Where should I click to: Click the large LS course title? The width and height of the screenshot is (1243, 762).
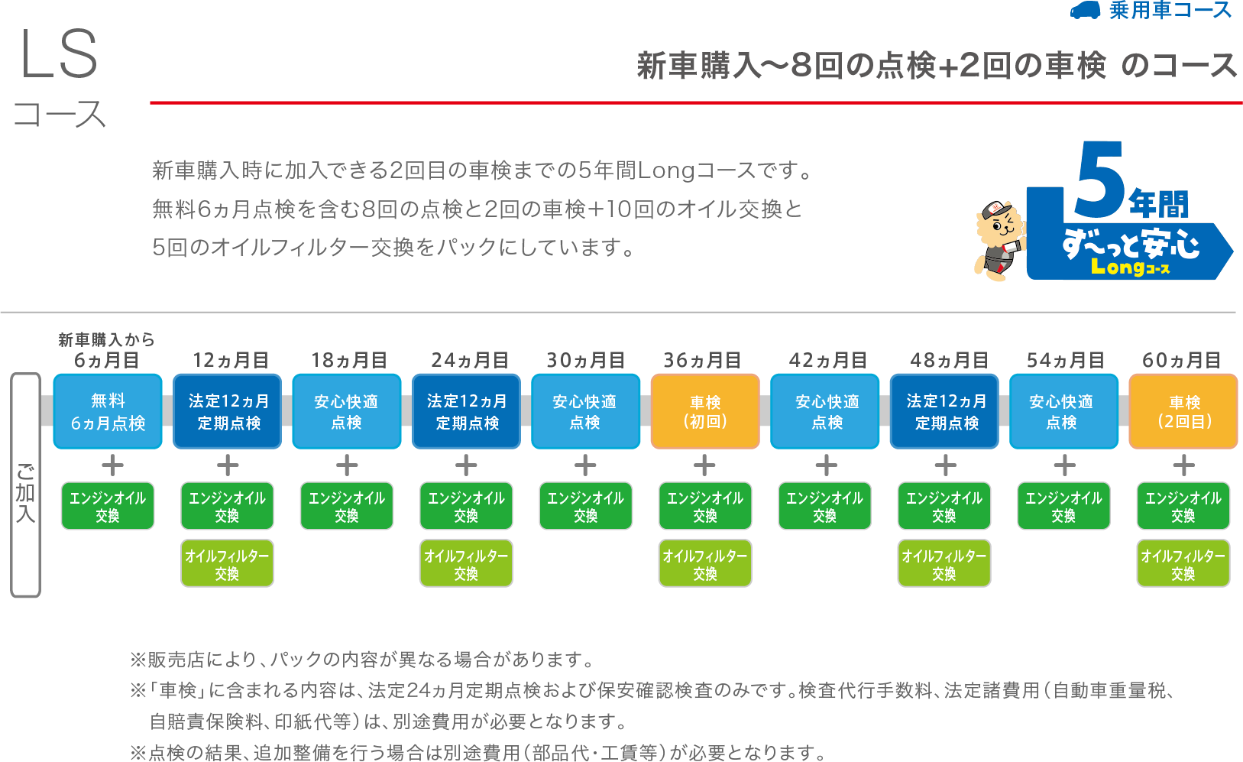click(60, 55)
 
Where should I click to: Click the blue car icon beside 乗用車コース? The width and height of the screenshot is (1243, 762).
click(1085, 11)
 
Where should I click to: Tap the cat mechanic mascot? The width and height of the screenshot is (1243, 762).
click(999, 238)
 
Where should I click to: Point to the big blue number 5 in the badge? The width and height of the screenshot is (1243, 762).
click(1099, 180)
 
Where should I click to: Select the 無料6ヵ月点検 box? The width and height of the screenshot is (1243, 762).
click(108, 411)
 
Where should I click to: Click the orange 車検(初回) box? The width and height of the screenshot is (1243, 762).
click(705, 411)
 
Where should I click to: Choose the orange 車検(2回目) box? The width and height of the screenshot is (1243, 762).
click(1183, 411)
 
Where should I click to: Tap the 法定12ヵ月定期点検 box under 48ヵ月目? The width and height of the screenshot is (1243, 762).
click(945, 411)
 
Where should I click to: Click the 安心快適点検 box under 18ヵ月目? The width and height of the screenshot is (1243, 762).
click(347, 411)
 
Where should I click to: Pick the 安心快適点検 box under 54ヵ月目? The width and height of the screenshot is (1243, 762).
click(1063, 411)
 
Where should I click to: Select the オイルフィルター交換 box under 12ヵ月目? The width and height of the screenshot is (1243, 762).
click(227, 564)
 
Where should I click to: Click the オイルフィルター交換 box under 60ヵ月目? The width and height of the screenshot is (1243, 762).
click(1183, 564)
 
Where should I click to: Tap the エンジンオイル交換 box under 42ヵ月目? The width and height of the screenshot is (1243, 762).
click(824, 506)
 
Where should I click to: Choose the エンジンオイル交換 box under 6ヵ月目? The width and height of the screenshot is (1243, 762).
click(108, 506)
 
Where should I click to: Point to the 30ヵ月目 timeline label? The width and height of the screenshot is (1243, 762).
click(585, 360)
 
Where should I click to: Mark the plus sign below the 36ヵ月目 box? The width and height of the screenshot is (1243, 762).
click(704, 465)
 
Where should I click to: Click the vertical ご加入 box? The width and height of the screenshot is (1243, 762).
click(25, 485)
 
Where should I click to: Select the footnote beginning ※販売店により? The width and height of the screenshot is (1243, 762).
click(362, 659)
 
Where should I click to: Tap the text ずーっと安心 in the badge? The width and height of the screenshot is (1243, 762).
click(1131, 245)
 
